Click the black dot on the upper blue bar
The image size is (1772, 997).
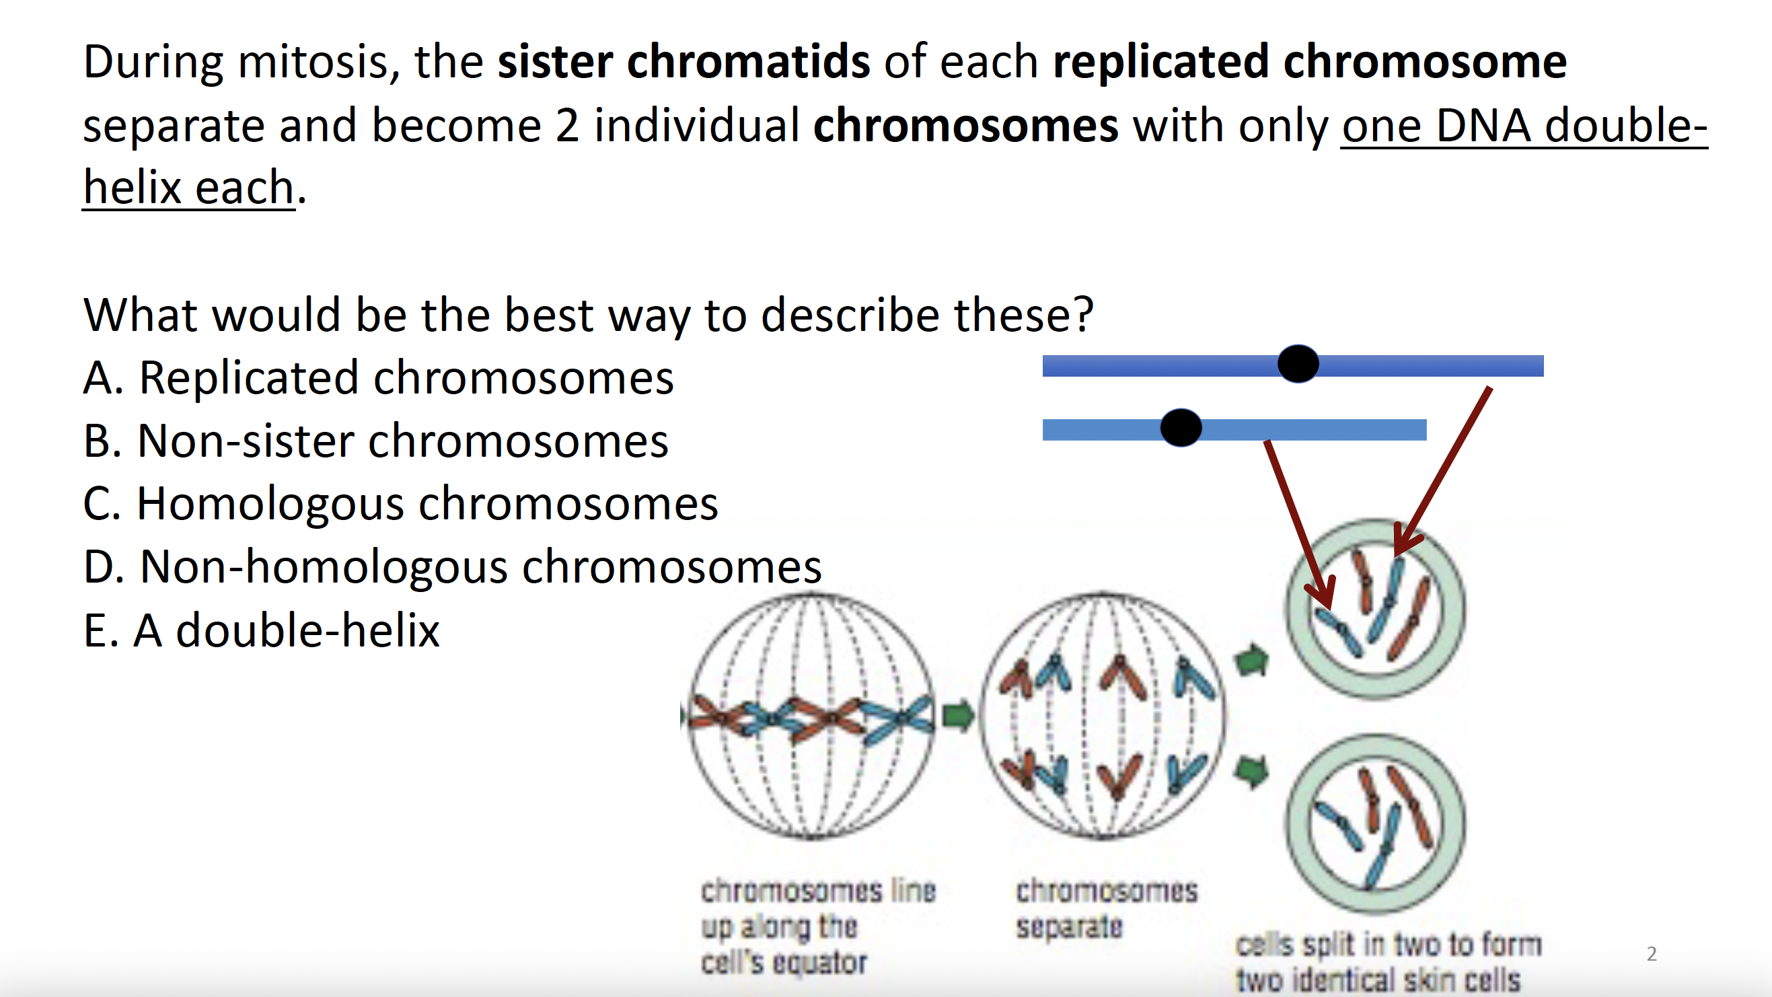1297,364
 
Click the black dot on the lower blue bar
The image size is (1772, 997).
1181,428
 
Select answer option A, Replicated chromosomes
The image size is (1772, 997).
377,378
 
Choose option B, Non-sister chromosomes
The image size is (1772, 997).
375,441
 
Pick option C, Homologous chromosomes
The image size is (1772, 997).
400,504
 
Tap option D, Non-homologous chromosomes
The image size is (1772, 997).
452,567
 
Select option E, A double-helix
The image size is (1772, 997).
262,630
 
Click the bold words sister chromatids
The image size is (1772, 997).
683,62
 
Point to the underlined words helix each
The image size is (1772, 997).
188,187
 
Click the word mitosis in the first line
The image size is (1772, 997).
313,62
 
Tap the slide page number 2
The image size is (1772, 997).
1651,954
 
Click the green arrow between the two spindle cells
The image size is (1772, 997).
957,715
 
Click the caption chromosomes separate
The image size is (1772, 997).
1105,908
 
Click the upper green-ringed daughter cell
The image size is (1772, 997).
1375,609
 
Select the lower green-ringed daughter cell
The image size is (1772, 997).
1375,823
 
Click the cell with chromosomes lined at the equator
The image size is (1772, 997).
812,716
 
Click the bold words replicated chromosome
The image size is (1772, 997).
1310,62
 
